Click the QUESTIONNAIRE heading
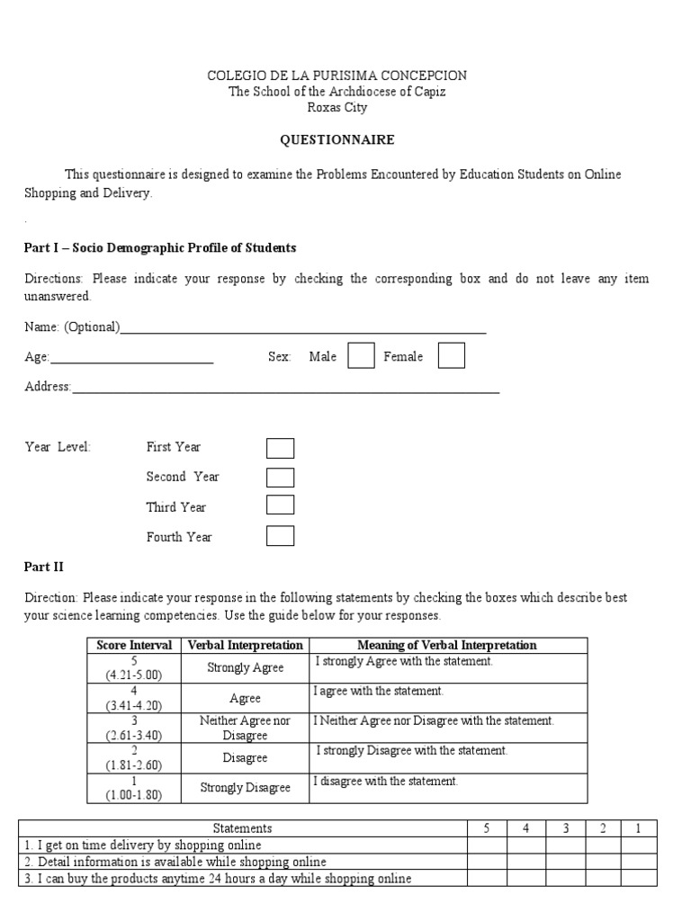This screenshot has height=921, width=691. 337,139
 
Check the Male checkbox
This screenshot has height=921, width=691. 361,356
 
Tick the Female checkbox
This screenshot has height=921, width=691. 452,356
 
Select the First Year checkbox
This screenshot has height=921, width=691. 281,448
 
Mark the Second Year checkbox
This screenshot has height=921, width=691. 281,478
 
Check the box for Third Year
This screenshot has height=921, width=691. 281,506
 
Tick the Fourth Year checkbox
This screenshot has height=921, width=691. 281,537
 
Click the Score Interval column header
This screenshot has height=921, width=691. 134,646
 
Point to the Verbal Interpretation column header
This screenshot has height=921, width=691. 245,646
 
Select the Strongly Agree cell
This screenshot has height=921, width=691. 245,668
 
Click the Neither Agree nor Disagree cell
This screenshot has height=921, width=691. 245,728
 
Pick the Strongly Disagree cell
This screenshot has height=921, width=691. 245,788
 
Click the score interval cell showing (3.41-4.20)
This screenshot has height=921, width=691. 134,698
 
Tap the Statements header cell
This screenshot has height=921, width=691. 242,828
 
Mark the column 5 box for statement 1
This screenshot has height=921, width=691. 486,845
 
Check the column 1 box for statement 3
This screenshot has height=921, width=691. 639,879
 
